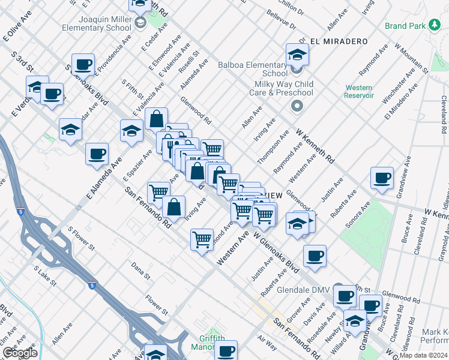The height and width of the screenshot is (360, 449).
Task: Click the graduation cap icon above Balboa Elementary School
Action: click(x=297, y=55)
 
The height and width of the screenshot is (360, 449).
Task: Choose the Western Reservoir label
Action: click(x=359, y=91)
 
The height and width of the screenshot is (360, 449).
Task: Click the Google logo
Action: click(x=20, y=352)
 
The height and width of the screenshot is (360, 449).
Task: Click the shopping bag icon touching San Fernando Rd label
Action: click(x=173, y=208)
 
